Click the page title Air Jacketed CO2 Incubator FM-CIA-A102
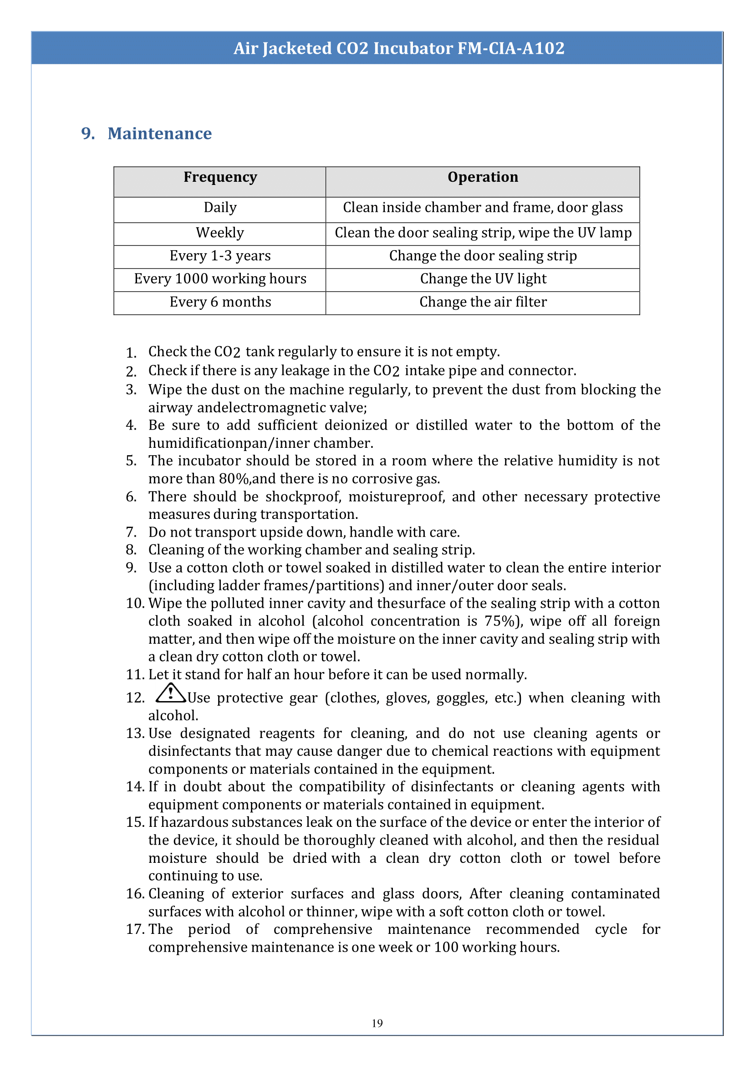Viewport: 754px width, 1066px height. pos(399,48)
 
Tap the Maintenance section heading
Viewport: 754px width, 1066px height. pos(159,133)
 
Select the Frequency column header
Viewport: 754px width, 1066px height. pos(220,177)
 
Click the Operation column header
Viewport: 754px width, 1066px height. pos(482,177)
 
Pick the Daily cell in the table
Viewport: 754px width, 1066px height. pos(220,207)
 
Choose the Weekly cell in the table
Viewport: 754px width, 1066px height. pos(219,232)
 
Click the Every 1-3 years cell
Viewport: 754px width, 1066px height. pos(220,256)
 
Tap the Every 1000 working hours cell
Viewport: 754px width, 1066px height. pos(220,278)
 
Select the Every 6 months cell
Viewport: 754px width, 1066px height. pos(220,302)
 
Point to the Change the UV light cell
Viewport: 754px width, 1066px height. pos(483,278)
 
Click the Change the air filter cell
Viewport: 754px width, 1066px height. pos(483,302)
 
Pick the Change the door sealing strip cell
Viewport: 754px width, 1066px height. pos(483,256)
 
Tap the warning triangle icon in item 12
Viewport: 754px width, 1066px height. pos(170,693)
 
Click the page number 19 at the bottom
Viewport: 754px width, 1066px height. pos(377,1023)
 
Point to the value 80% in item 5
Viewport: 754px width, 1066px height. pos(234,478)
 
